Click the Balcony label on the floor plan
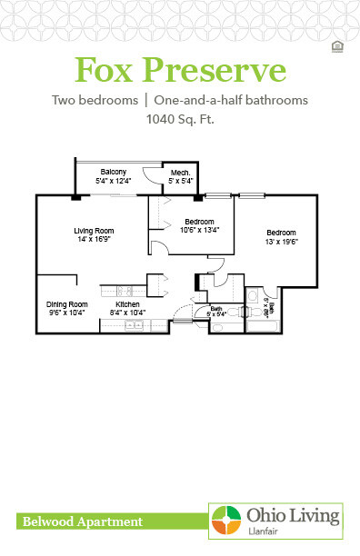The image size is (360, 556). pyautogui.click(x=113, y=171)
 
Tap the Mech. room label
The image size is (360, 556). pyautogui.click(x=179, y=173)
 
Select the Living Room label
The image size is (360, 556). pyautogui.click(x=92, y=231)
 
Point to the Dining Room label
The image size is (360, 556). pyautogui.click(x=66, y=303)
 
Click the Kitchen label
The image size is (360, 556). pyautogui.click(x=127, y=303)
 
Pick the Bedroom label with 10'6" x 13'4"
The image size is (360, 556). pyautogui.click(x=198, y=222)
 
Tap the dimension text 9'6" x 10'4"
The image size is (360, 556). pyautogui.click(x=66, y=312)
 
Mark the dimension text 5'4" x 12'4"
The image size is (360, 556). pyautogui.click(x=113, y=181)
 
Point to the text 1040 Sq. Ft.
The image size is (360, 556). pyautogui.click(x=180, y=118)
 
